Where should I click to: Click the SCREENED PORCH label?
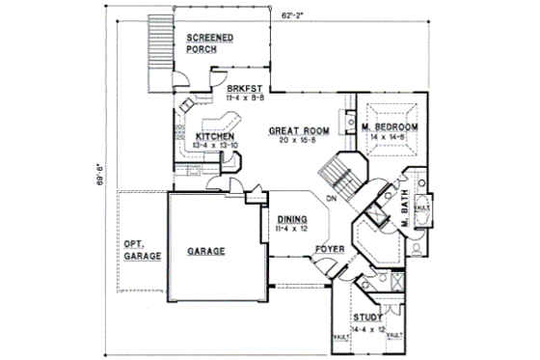pyautogui.click(x=208, y=42)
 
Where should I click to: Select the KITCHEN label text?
pyautogui.click(x=215, y=136)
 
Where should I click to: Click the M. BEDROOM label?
pyautogui.click(x=391, y=128)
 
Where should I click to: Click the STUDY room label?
pyautogui.click(x=367, y=318)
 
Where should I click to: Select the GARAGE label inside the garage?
pyautogui.click(x=205, y=251)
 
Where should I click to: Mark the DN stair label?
pyautogui.click(x=331, y=200)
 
